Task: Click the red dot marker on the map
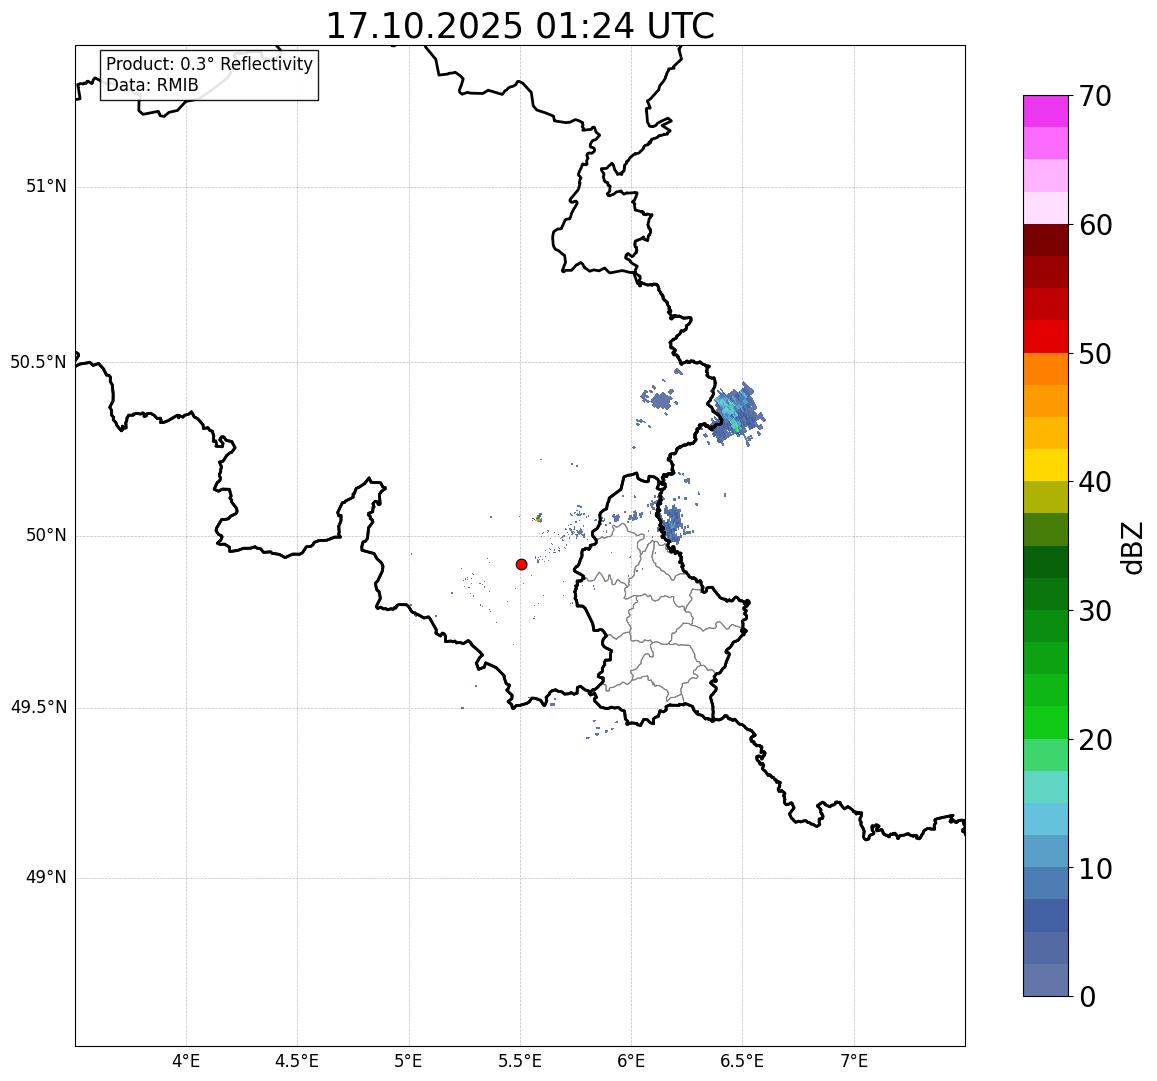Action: pos(521,564)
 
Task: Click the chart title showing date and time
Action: pos(520,26)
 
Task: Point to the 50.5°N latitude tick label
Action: pos(38,362)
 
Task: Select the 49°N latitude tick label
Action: pos(46,878)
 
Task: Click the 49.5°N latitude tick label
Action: pos(38,708)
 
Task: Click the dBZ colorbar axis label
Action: pos(1132,548)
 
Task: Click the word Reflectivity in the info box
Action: pos(264,65)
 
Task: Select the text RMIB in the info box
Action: pos(177,86)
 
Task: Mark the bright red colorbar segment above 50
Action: pos(1045,337)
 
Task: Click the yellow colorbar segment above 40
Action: pos(1045,465)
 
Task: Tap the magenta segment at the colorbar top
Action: pos(1045,111)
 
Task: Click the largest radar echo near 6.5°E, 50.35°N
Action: pos(738,412)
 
